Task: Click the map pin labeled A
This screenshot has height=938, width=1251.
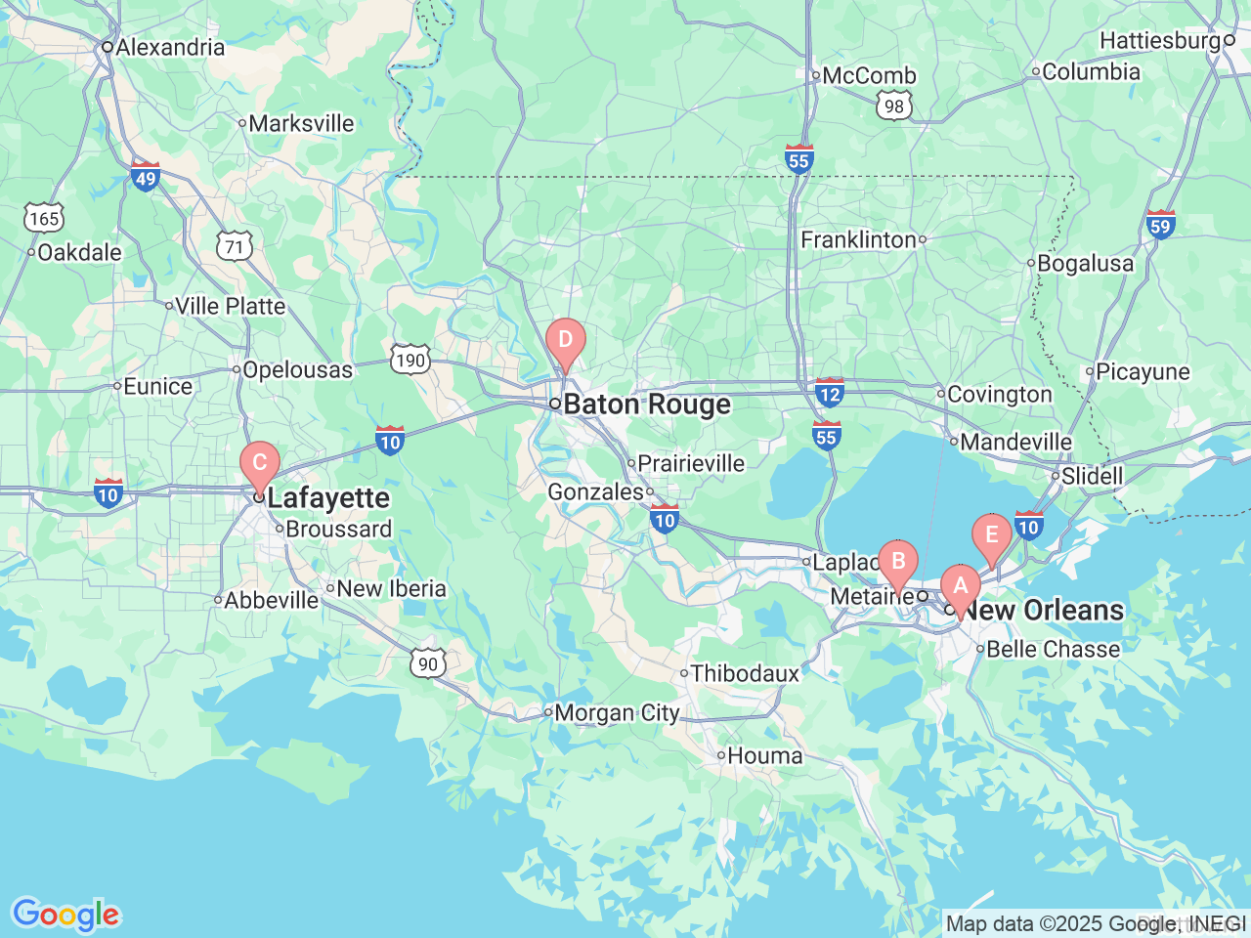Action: [960, 587]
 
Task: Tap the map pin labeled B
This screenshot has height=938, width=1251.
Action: [897, 563]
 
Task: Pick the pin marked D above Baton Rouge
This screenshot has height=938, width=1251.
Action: [565, 342]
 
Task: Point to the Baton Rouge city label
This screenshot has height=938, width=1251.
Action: [646, 405]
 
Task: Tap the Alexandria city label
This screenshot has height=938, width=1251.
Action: [170, 47]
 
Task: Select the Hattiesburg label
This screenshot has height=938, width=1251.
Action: [1160, 40]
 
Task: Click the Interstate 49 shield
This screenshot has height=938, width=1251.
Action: [145, 177]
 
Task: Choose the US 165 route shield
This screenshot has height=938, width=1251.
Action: [44, 218]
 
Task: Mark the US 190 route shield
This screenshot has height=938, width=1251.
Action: [410, 360]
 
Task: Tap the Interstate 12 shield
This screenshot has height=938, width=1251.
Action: [829, 393]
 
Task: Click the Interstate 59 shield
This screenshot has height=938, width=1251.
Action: [1160, 225]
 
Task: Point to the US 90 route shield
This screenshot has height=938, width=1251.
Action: [428, 663]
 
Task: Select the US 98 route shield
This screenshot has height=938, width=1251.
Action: [894, 106]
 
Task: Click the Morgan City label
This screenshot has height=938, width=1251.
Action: [616, 713]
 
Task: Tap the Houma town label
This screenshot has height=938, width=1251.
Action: [764, 755]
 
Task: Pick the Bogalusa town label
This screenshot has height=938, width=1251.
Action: [1085, 263]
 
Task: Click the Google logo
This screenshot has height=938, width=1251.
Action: [65, 916]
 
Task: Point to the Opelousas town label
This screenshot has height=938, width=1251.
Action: [297, 369]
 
